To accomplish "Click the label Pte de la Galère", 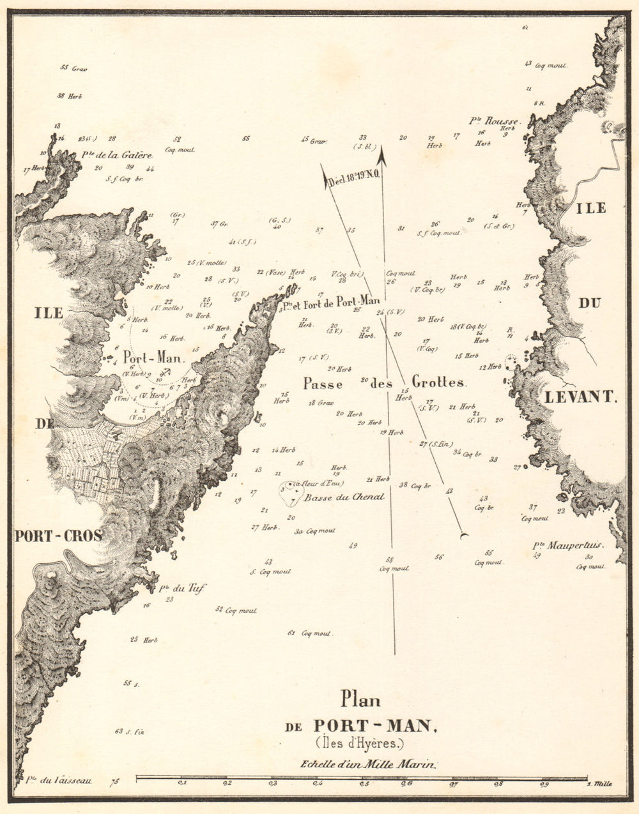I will [x=117, y=155].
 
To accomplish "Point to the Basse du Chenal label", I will [x=344, y=497].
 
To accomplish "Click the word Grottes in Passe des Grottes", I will [x=439, y=382].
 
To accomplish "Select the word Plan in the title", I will [x=360, y=700].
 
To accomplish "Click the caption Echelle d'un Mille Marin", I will [x=368, y=764].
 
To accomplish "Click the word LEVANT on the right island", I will [x=580, y=397].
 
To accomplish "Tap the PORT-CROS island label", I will [x=58, y=536].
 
